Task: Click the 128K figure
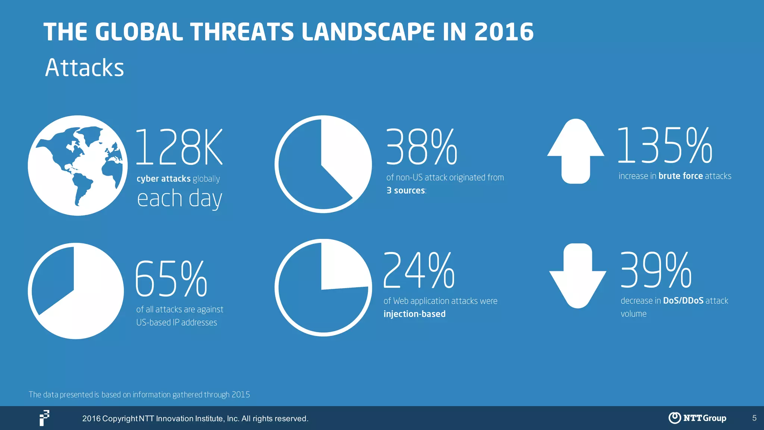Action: coord(179,147)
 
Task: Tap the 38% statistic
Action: coord(421,147)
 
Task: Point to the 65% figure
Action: coord(171,279)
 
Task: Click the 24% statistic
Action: coord(419,270)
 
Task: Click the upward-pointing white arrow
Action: coord(576,151)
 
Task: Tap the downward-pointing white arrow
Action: coord(577,276)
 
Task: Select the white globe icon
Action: coord(78,165)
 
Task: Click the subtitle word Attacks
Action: coord(84,68)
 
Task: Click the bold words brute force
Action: coord(680,176)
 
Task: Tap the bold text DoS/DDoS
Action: coord(683,301)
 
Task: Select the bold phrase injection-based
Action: coord(414,314)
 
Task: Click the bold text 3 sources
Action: coord(406,190)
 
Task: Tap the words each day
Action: coord(179,198)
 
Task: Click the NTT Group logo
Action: coord(697,418)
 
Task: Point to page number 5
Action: coord(754,418)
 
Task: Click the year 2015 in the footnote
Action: coord(241,395)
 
